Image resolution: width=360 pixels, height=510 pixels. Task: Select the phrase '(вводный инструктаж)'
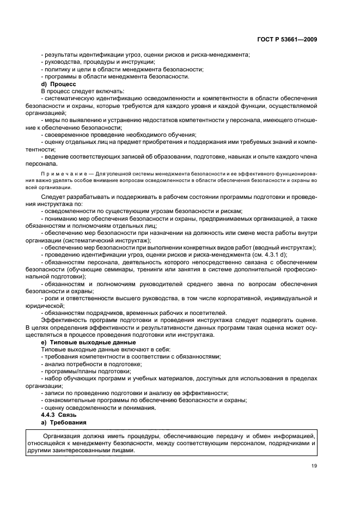tap(285, 247)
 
